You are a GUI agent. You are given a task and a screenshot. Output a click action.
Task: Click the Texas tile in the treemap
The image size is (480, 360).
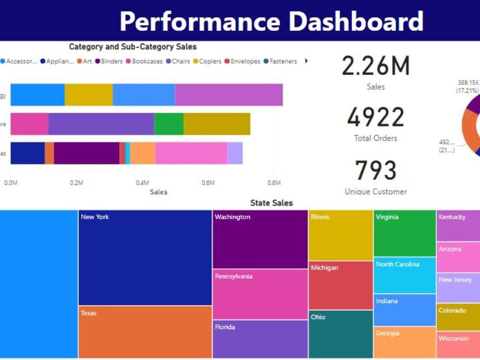pyautogui.click(x=145, y=332)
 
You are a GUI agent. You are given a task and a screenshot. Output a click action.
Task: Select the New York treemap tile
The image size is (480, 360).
pyautogui.click(x=145, y=257)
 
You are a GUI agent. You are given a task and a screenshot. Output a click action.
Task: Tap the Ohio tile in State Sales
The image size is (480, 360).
pyautogui.click(x=340, y=334)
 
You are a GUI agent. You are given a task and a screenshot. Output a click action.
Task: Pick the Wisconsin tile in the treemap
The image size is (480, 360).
pyautogui.click(x=458, y=345)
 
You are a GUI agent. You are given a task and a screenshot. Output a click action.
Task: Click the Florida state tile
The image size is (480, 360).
pyautogui.click(x=260, y=339)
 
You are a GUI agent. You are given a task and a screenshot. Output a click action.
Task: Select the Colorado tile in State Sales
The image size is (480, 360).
pyautogui.click(x=458, y=317)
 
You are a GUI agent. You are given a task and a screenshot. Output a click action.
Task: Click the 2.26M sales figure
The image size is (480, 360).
pyautogui.click(x=375, y=66)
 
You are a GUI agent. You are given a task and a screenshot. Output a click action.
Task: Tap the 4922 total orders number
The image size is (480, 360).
pyautogui.click(x=375, y=118)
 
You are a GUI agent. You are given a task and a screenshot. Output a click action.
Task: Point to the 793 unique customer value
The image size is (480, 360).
pyautogui.click(x=375, y=170)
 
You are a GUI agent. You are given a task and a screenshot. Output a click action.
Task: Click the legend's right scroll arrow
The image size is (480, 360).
pyautogui.click(x=306, y=61)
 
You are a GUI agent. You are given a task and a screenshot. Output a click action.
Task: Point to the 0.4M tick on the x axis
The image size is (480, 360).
pyautogui.click(x=142, y=183)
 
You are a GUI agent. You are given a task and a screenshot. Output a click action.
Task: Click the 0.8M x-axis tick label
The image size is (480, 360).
pyautogui.click(x=274, y=183)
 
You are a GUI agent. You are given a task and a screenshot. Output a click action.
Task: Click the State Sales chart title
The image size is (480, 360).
pyautogui.click(x=271, y=203)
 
